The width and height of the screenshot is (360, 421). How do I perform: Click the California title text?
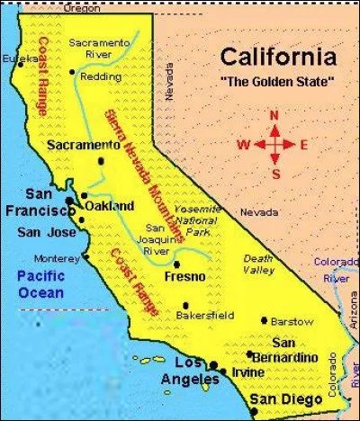[x=279, y=58]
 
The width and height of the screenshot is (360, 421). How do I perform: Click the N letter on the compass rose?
[x=275, y=115]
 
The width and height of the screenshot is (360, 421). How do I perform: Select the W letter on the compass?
[x=243, y=144]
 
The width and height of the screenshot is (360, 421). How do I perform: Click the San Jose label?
[x=41, y=232]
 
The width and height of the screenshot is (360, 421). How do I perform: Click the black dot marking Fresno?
[x=176, y=264]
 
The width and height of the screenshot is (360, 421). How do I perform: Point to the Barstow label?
[x=292, y=321]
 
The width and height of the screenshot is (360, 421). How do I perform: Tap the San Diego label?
[x=285, y=399]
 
